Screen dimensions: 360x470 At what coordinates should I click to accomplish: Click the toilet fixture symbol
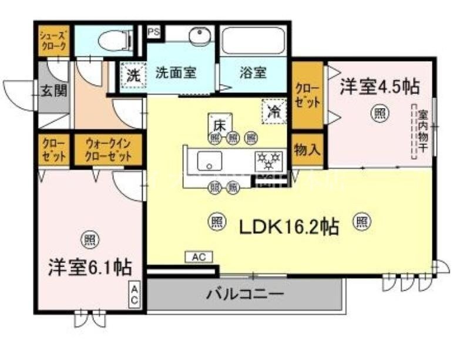115,41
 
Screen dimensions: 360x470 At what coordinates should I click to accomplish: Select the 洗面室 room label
175,73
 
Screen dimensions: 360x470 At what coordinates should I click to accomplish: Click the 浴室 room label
253,73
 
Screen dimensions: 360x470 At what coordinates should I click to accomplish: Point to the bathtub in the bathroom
254,41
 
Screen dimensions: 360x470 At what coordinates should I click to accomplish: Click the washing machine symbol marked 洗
133,75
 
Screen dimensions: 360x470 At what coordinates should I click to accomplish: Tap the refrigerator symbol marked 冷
274,111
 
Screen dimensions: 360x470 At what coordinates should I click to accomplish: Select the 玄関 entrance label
53,91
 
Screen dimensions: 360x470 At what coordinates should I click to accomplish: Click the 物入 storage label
307,150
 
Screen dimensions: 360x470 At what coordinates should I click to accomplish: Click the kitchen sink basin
209,160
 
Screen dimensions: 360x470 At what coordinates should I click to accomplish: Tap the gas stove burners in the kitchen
268,160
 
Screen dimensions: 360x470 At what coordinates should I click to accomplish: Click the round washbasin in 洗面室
199,36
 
